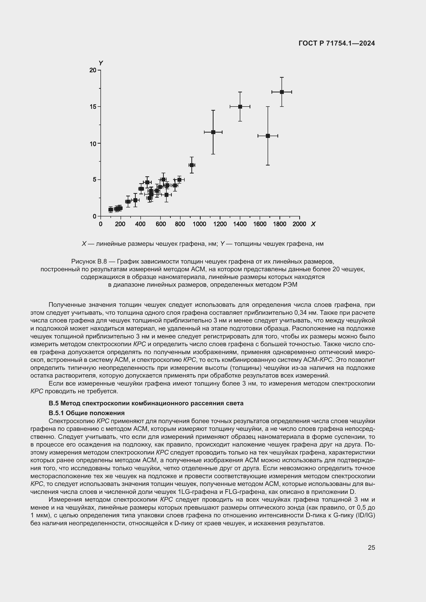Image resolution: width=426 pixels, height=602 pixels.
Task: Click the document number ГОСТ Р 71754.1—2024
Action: (x=337, y=43)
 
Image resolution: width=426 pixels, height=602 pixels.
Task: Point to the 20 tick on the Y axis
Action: (x=93, y=70)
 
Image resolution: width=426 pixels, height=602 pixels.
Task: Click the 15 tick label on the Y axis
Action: (x=93, y=107)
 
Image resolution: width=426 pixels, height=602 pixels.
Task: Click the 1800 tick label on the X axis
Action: (x=279, y=224)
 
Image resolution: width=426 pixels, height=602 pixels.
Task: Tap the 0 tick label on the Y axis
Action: (x=95, y=216)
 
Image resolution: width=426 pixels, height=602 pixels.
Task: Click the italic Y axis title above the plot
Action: (x=101, y=63)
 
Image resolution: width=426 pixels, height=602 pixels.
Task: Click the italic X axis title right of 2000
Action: (x=313, y=224)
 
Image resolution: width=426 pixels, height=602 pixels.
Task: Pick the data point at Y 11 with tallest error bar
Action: (x=268, y=136)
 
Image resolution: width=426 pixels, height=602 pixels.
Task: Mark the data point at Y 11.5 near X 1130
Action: (x=213, y=132)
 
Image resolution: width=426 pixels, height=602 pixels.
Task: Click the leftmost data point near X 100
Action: (x=111, y=210)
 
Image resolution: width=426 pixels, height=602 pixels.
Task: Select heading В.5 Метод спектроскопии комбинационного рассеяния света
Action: (x=146, y=403)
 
